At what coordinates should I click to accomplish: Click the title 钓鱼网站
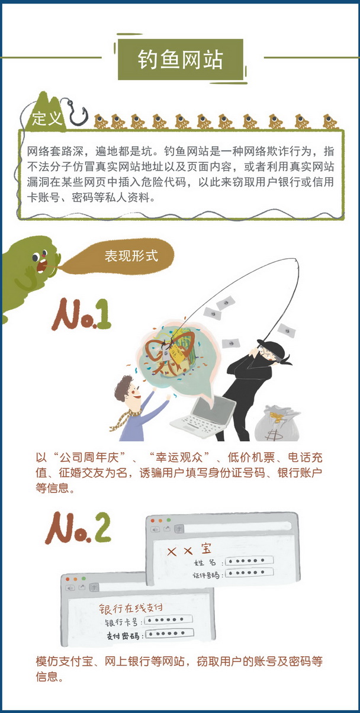tap(180, 60)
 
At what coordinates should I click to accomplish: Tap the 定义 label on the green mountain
tap(46, 118)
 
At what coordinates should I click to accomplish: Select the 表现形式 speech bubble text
tap(131, 256)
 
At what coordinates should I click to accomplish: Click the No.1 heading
tap(82, 315)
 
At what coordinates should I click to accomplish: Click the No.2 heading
tap(78, 528)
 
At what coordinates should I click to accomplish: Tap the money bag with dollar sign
tap(277, 423)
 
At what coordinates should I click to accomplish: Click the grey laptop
tap(204, 417)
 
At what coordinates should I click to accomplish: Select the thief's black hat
tap(272, 348)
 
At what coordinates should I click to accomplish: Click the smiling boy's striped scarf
tap(125, 417)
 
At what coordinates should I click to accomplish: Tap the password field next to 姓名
tap(249, 561)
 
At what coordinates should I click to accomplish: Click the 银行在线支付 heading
tap(131, 608)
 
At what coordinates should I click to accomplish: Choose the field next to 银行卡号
tap(168, 619)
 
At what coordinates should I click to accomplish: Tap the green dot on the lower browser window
tap(83, 579)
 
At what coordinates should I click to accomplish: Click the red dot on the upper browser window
tap(152, 521)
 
